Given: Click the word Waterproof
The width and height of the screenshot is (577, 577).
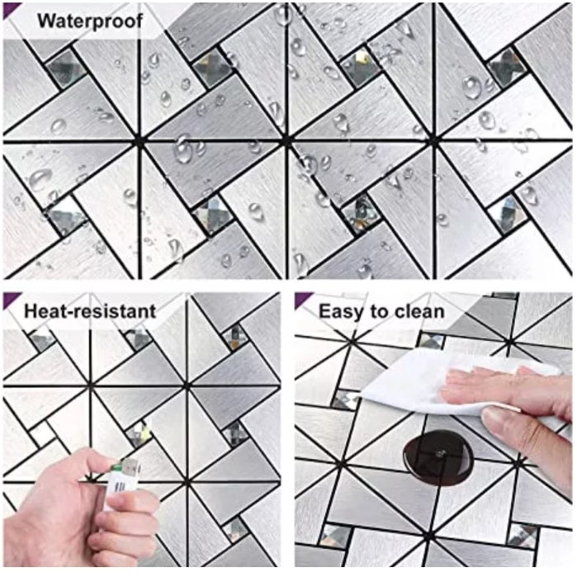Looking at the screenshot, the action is point(90,21).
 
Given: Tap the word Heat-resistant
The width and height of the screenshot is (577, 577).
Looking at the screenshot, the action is point(90,311).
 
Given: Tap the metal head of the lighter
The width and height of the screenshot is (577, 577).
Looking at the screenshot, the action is point(132,466).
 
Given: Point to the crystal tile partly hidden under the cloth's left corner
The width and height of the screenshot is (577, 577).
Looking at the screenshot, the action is point(346,399).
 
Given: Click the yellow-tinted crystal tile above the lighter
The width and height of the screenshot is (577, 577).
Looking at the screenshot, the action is point(140,433).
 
